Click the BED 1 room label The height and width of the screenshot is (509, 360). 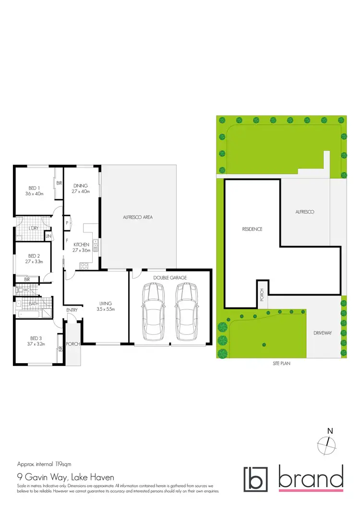pos(34,190)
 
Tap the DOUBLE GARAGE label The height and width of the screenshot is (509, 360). pos(170,278)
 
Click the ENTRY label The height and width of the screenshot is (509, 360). pos(72,310)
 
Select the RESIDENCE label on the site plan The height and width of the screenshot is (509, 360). pos(252,229)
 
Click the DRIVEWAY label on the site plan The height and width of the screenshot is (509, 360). pos(322,332)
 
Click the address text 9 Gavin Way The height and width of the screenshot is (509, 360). pos(66,477)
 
